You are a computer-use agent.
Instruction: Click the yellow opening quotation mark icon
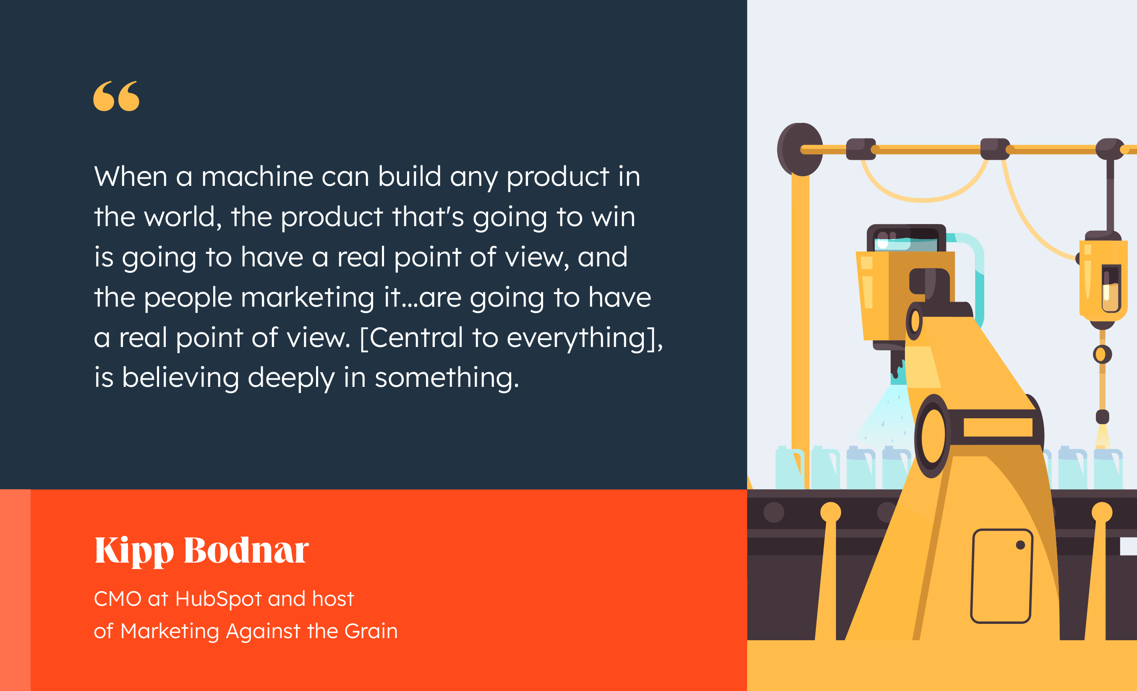point(116,96)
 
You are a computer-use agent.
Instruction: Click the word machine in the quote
point(257,176)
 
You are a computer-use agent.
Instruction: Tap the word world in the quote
point(183,216)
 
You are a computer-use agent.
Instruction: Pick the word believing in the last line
point(180,378)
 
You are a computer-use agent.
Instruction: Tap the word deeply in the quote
point(291,378)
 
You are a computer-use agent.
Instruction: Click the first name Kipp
point(134,551)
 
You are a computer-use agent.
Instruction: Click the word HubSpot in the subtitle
point(219,599)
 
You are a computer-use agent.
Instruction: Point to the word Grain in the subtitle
point(371,631)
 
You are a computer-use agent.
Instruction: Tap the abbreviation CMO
point(118,599)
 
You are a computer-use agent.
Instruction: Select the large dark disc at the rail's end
point(800,149)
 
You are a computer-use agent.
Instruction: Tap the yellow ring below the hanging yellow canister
point(1103,354)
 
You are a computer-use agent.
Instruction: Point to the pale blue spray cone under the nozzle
point(886,415)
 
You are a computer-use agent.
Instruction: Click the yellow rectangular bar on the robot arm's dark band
point(998,427)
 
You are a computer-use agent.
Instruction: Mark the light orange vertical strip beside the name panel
point(15,590)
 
